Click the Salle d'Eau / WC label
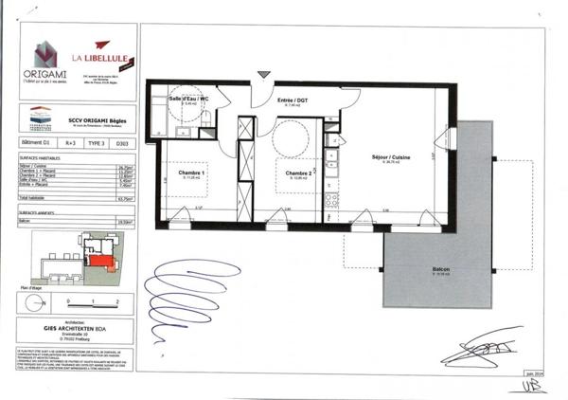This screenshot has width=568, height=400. coord(188,100)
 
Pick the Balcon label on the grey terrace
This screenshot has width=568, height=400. coord(441,270)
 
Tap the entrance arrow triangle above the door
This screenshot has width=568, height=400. coord(263,74)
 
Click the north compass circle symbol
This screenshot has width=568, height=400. coord(33,301)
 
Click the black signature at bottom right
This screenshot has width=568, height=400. coord(483,346)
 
